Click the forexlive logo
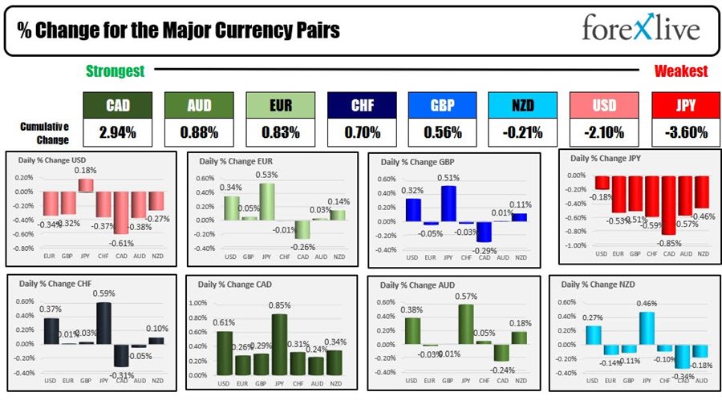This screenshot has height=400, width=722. (640, 30)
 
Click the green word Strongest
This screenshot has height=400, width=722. (116, 71)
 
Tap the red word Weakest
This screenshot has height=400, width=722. (680, 71)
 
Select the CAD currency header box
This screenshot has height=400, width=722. (118, 105)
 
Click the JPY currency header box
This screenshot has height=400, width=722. (684, 105)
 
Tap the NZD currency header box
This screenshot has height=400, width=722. (522, 105)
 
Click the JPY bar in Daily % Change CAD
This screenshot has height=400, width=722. (280, 345)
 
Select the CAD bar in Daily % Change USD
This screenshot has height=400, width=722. (121, 212)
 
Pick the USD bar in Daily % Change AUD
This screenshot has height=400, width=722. (412, 330)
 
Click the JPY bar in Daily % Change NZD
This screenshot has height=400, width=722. (646, 328)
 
